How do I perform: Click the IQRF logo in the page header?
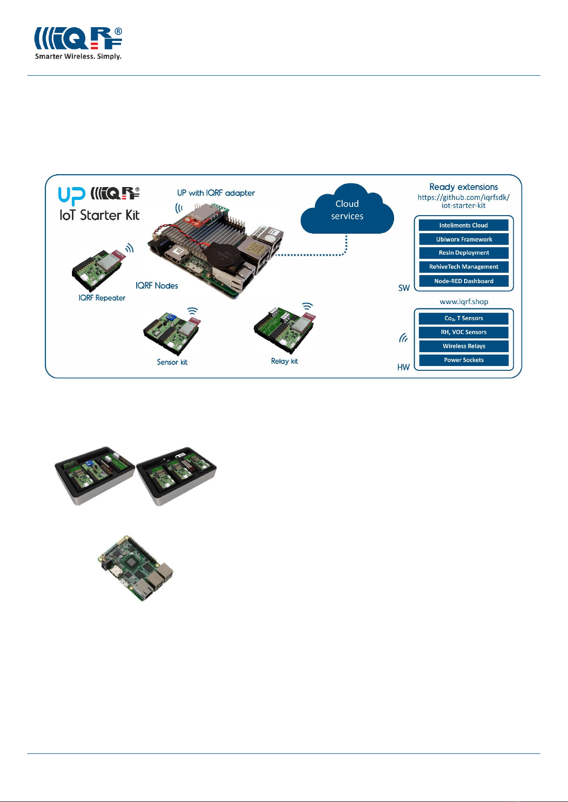pyautogui.click(x=78, y=43)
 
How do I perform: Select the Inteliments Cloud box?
pyautogui.click(x=464, y=225)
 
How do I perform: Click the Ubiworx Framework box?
pyautogui.click(x=464, y=239)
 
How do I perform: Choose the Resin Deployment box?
pyautogui.click(x=464, y=253)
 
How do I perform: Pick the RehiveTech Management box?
pyautogui.click(x=464, y=267)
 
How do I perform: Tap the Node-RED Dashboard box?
pyautogui.click(x=464, y=281)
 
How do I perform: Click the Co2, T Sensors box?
pyautogui.click(x=464, y=318)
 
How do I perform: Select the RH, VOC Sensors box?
pyautogui.click(x=464, y=332)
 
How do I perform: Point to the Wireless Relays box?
pyautogui.click(x=464, y=346)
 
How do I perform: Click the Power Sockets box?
pyautogui.click(x=464, y=360)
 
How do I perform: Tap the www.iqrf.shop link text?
pyautogui.click(x=464, y=302)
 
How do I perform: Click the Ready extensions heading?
pyautogui.click(x=464, y=187)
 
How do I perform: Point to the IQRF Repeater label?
pyautogui.click(x=102, y=298)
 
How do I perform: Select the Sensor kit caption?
pyautogui.click(x=172, y=362)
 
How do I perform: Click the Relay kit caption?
pyautogui.click(x=284, y=361)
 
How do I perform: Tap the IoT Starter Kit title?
pyautogui.click(x=100, y=215)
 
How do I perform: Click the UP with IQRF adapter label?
pyautogui.click(x=216, y=193)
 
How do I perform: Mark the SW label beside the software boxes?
pyautogui.click(x=404, y=288)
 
